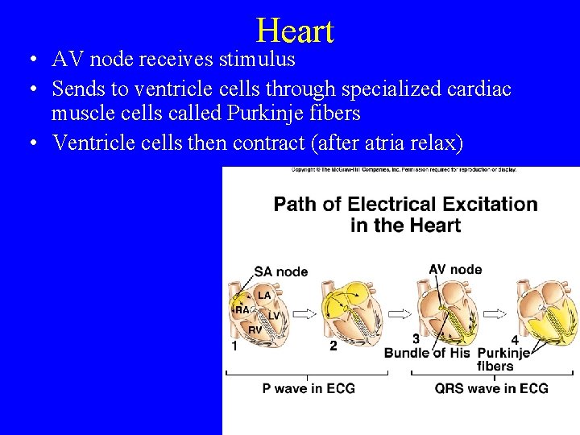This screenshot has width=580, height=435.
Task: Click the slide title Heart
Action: click(x=295, y=31)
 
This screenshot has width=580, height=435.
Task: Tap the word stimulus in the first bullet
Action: click(x=255, y=59)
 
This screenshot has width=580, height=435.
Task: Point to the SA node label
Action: click(x=280, y=271)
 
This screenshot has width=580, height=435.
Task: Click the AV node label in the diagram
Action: click(x=455, y=270)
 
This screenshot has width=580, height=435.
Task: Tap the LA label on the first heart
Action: click(x=264, y=296)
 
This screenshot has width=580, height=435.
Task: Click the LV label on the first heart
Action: click(x=274, y=315)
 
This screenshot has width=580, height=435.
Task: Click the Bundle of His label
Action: click(x=426, y=353)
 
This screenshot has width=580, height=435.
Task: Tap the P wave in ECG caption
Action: click(x=309, y=388)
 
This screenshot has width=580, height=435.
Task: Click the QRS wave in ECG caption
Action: click(x=491, y=388)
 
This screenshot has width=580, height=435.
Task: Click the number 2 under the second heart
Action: click(x=333, y=346)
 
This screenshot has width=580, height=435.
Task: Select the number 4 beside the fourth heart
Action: click(x=514, y=340)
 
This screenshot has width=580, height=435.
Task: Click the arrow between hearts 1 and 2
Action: click(x=303, y=313)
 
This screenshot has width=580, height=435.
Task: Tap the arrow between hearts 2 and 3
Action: click(x=399, y=313)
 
